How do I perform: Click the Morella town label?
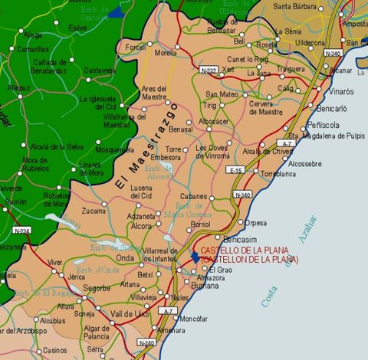click(x=166, y=54)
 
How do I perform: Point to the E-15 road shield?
click(x=236, y=170)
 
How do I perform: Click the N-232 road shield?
click(x=209, y=70)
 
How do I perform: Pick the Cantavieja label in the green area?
click(x=99, y=70)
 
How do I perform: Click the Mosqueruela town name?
click(x=113, y=150)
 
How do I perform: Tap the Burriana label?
click(x=197, y=286)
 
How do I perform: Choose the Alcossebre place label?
click(x=305, y=163)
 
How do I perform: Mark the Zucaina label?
click(x=94, y=210)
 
